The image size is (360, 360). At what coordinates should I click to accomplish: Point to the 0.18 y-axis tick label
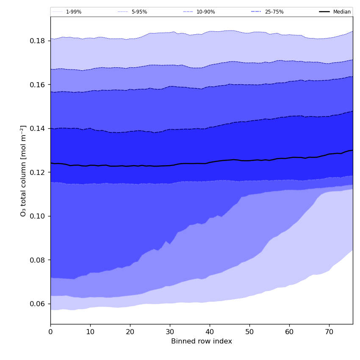click(x=38, y=41)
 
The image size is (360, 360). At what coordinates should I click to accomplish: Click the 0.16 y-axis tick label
click(x=38, y=85)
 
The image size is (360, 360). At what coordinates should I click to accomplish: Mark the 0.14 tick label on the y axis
click(x=38, y=128)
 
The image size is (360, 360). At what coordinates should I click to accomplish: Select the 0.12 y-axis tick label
click(x=38, y=172)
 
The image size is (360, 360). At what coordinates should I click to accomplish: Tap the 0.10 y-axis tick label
click(x=38, y=216)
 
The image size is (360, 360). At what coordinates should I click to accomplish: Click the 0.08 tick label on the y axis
click(x=38, y=260)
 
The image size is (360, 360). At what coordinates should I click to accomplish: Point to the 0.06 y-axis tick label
click(x=38, y=304)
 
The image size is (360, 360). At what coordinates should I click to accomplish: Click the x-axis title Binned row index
click(x=202, y=341)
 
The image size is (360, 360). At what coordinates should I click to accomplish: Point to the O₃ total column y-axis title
click(x=23, y=171)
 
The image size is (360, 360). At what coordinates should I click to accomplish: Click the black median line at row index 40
click(x=210, y=162)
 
